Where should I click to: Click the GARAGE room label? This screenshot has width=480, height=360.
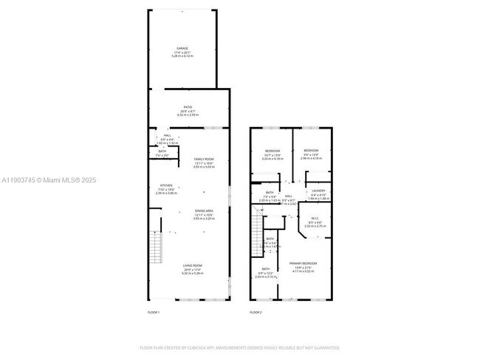[182, 49]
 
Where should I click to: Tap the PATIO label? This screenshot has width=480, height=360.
[188, 107]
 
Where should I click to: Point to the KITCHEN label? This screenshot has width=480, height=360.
[166, 186]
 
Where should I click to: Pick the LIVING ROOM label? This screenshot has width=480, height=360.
[193, 265]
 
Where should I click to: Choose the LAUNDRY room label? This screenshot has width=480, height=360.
[318, 191]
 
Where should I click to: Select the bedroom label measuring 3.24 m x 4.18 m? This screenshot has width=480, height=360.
[272, 151]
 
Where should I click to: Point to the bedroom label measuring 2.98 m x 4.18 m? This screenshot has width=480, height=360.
[311, 151]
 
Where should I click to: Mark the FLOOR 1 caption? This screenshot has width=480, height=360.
[154, 313]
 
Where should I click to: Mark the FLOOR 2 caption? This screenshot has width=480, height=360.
[256, 313]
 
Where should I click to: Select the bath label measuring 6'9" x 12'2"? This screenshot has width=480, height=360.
[264, 269]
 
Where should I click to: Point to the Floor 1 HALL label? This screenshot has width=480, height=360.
[168, 136]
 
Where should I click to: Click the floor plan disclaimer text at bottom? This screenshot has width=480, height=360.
[240, 347]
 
